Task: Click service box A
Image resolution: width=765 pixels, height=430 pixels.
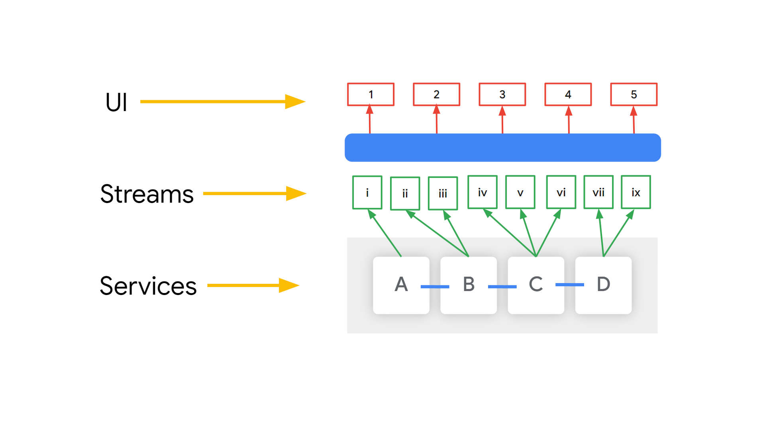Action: [401, 285]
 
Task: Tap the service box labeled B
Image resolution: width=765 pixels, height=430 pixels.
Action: [469, 285]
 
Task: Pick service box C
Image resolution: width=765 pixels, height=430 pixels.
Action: [536, 285]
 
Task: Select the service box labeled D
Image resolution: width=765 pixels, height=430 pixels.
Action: [603, 285]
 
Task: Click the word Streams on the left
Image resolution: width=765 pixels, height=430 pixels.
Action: [147, 194]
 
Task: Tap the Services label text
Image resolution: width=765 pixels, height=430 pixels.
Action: [148, 285]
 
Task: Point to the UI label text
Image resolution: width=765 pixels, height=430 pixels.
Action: [116, 102]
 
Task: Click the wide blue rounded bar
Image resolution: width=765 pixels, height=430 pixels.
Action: [503, 147]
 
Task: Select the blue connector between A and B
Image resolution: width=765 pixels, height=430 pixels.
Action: [435, 287]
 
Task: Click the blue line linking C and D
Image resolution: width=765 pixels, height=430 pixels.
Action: [570, 285]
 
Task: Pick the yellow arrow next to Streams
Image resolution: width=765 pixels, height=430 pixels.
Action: [255, 193]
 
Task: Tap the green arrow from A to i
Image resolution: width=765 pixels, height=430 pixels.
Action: [384, 233]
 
